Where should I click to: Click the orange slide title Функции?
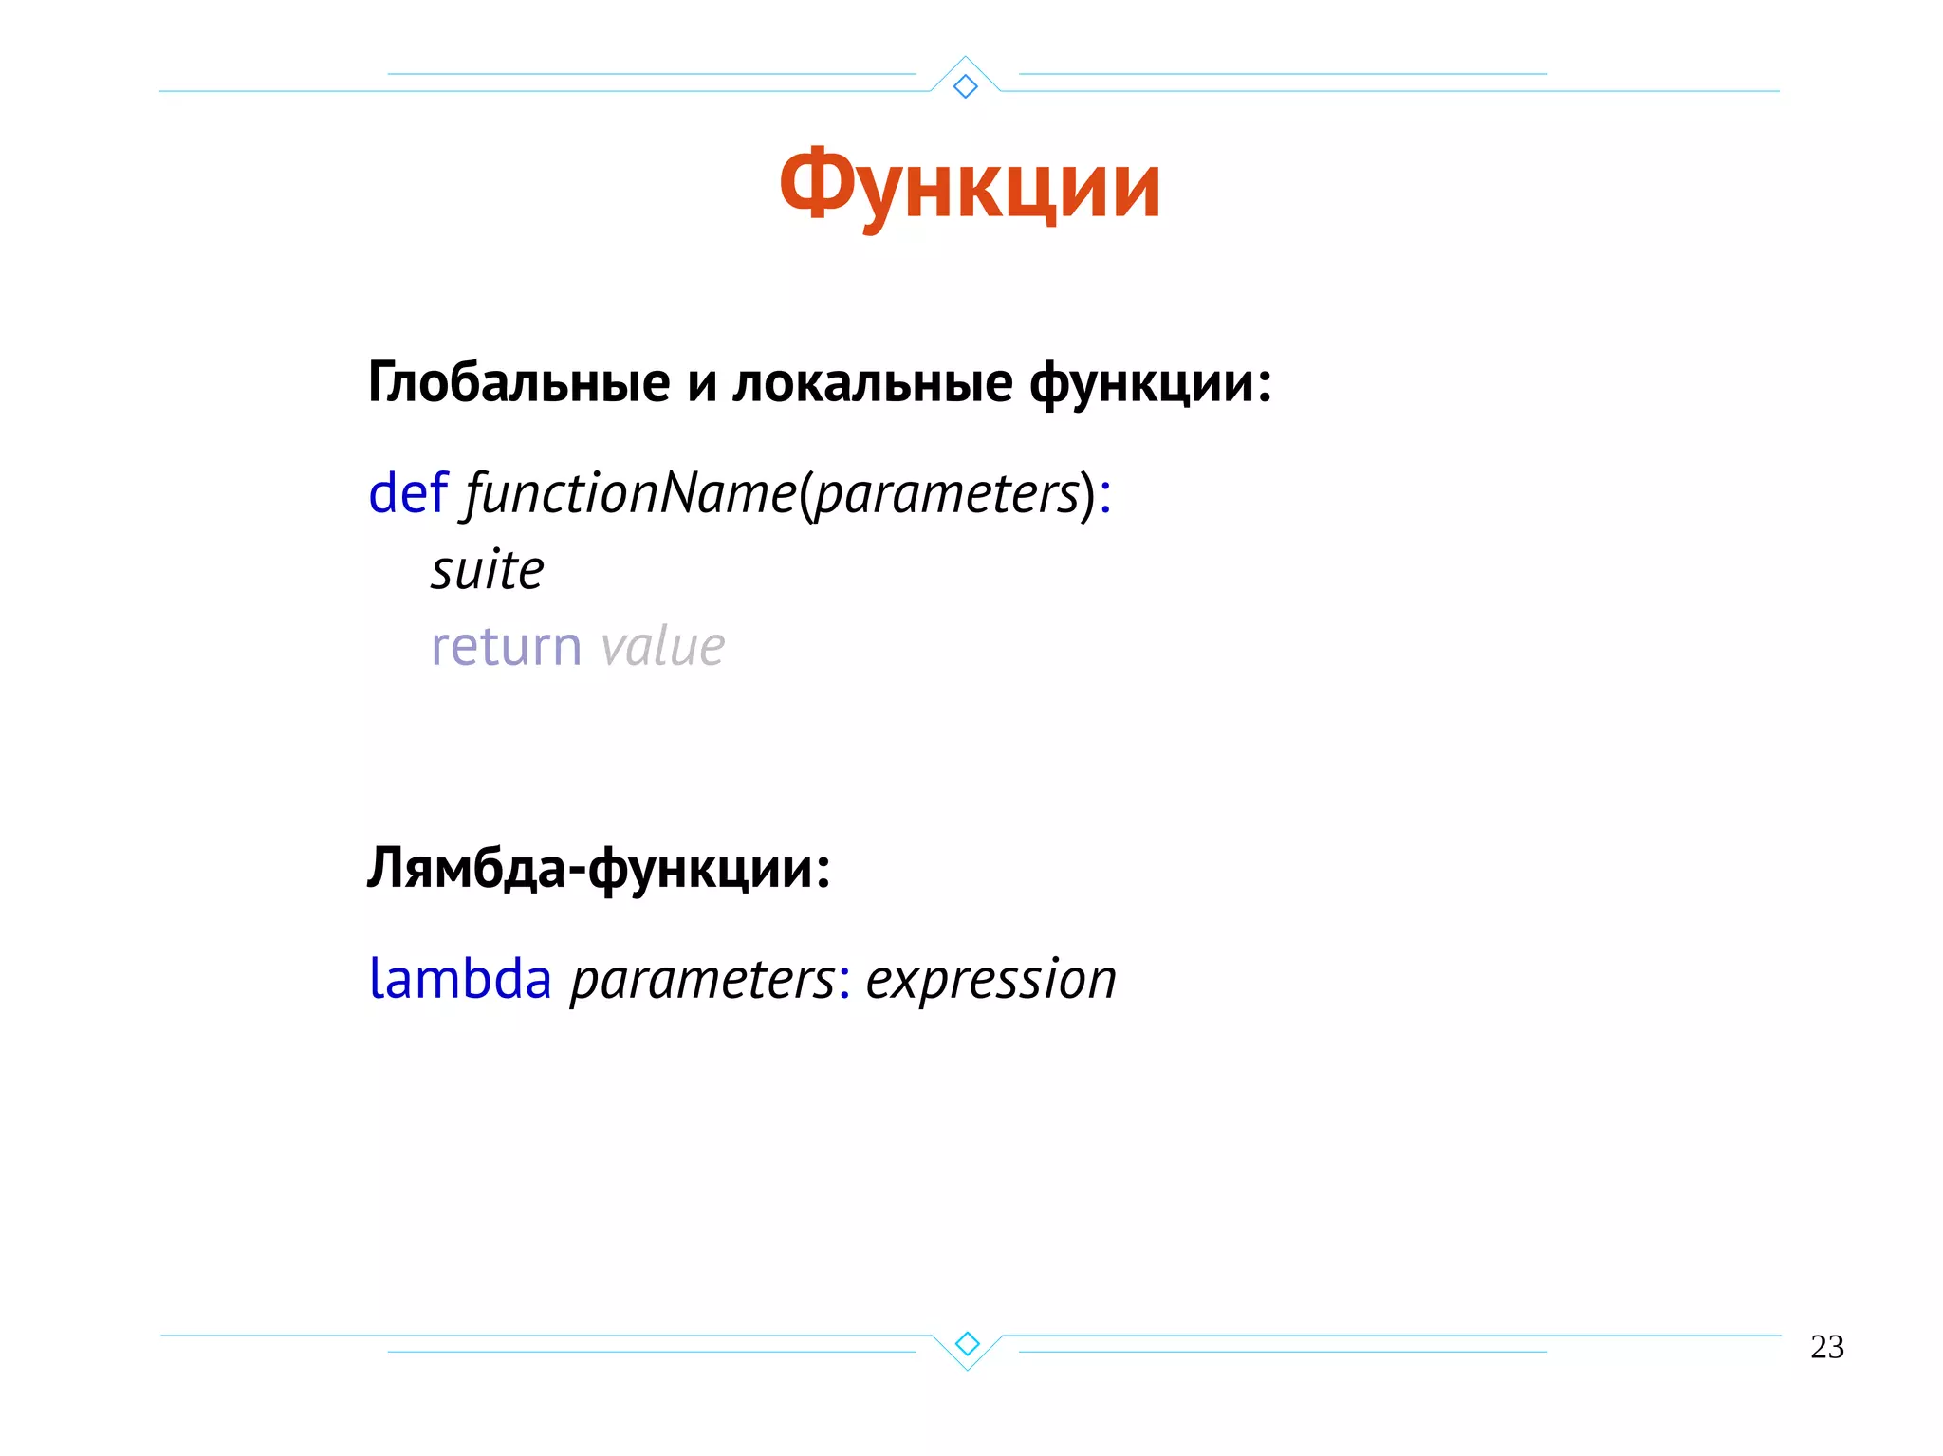coord(970,186)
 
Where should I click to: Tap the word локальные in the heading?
coord(872,383)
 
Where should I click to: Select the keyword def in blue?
coord(407,493)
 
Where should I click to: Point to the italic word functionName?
coord(630,493)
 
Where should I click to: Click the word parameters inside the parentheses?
coord(947,495)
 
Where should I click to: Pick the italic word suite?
coord(488,571)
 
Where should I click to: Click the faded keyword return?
coord(506,647)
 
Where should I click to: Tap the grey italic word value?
coord(662,647)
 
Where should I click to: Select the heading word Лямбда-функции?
coord(598,868)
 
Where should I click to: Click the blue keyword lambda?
coord(460,979)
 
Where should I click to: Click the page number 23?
coord(1826,1347)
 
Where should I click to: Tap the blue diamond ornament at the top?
coord(966,86)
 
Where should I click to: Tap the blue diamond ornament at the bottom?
coord(967,1343)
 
